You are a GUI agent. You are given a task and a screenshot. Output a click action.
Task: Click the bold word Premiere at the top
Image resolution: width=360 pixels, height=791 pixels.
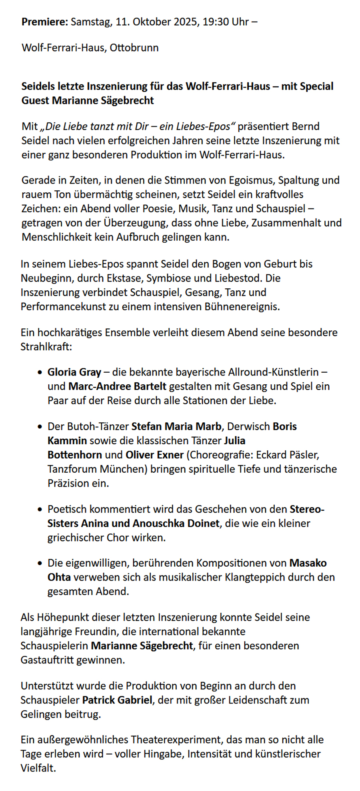[x=45, y=22]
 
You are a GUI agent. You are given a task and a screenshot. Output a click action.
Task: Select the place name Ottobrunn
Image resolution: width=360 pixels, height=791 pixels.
[x=134, y=48]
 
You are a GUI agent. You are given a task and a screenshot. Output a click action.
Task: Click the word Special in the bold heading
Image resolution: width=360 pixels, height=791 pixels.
[x=316, y=86]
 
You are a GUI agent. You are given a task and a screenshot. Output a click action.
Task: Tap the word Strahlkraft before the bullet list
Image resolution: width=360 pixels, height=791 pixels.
[x=46, y=346]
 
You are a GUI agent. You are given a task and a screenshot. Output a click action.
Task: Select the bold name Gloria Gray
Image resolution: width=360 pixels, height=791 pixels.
[x=74, y=372]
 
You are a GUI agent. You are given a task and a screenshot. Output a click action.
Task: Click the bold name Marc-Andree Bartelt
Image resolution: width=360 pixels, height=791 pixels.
[x=117, y=386]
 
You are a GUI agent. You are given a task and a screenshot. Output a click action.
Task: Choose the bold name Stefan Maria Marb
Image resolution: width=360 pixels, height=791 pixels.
[x=176, y=426]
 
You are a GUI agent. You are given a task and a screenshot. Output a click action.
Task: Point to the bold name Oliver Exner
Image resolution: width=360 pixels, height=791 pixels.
[x=154, y=455]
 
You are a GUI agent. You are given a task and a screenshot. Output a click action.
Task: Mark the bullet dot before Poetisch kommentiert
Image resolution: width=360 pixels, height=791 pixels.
[x=39, y=509]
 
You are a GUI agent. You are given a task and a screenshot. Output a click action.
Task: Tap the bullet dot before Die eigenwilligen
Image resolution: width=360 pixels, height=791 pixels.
[x=39, y=563]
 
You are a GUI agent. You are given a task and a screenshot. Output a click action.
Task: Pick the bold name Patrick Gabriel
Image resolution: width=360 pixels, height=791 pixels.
[x=117, y=700]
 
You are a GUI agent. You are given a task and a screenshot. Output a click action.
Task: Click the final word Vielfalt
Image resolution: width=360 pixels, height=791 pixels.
[x=38, y=768]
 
